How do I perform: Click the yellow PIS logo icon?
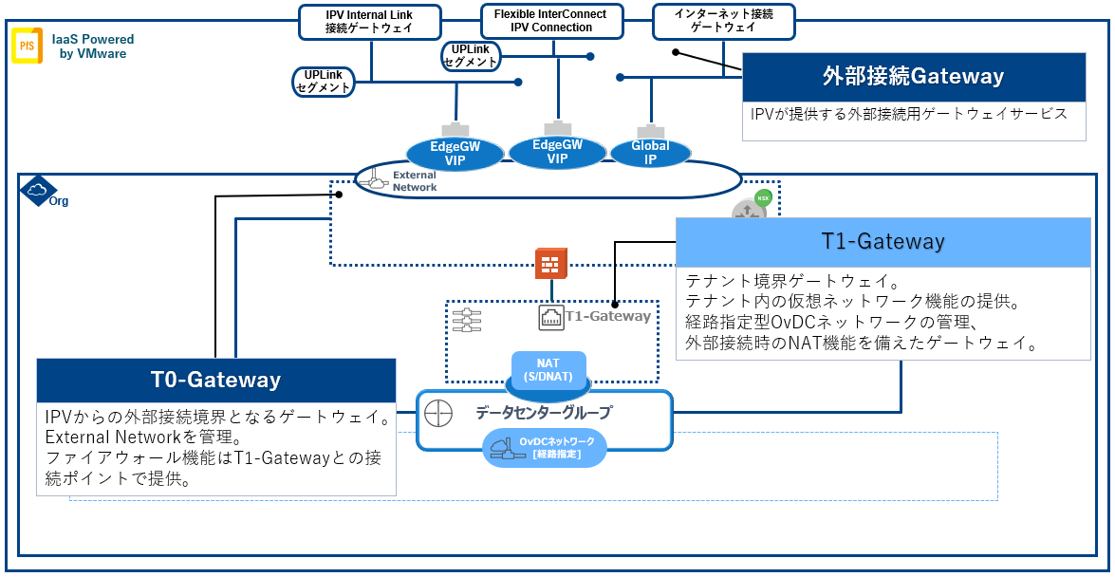(x=26, y=47)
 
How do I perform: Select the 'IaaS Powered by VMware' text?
(x=92, y=47)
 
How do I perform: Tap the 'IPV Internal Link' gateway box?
(x=369, y=21)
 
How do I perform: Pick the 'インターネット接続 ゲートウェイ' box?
(x=723, y=21)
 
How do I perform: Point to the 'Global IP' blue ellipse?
(x=650, y=152)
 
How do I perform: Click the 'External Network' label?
(x=415, y=180)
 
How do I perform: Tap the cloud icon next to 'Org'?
(x=37, y=192)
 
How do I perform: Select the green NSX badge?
(x=762, y=199)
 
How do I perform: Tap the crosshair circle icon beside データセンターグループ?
(x=438, y=414)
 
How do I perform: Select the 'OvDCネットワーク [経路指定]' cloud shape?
(x=544, y=448)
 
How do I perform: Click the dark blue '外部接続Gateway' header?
(x=913, y=77)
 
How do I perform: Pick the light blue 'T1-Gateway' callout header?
(x=883, y=242)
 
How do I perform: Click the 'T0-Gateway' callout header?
(x=215, y=380)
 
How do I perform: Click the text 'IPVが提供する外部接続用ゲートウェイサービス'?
(x=909, y=114)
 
